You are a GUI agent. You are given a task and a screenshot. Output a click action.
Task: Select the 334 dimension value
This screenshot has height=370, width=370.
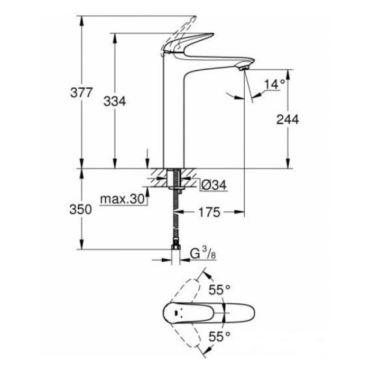pyautogui.click(x=115, y=102)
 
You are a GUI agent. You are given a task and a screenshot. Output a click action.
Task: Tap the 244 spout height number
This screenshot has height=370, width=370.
pyautogui.click(x=288, y=119)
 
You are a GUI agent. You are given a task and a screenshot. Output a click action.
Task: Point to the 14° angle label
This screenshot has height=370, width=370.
pyautogui.click(x=274, y=84)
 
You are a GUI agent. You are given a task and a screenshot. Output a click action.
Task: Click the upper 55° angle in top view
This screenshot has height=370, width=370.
pyautogui.click(x=219, y=290)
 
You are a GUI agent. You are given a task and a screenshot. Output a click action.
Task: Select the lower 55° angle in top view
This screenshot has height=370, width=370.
pyautogui.click(x=219, y=335)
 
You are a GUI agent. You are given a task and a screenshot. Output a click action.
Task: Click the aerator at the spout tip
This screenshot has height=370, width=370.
pyautogui.click(x=243, y=68)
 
